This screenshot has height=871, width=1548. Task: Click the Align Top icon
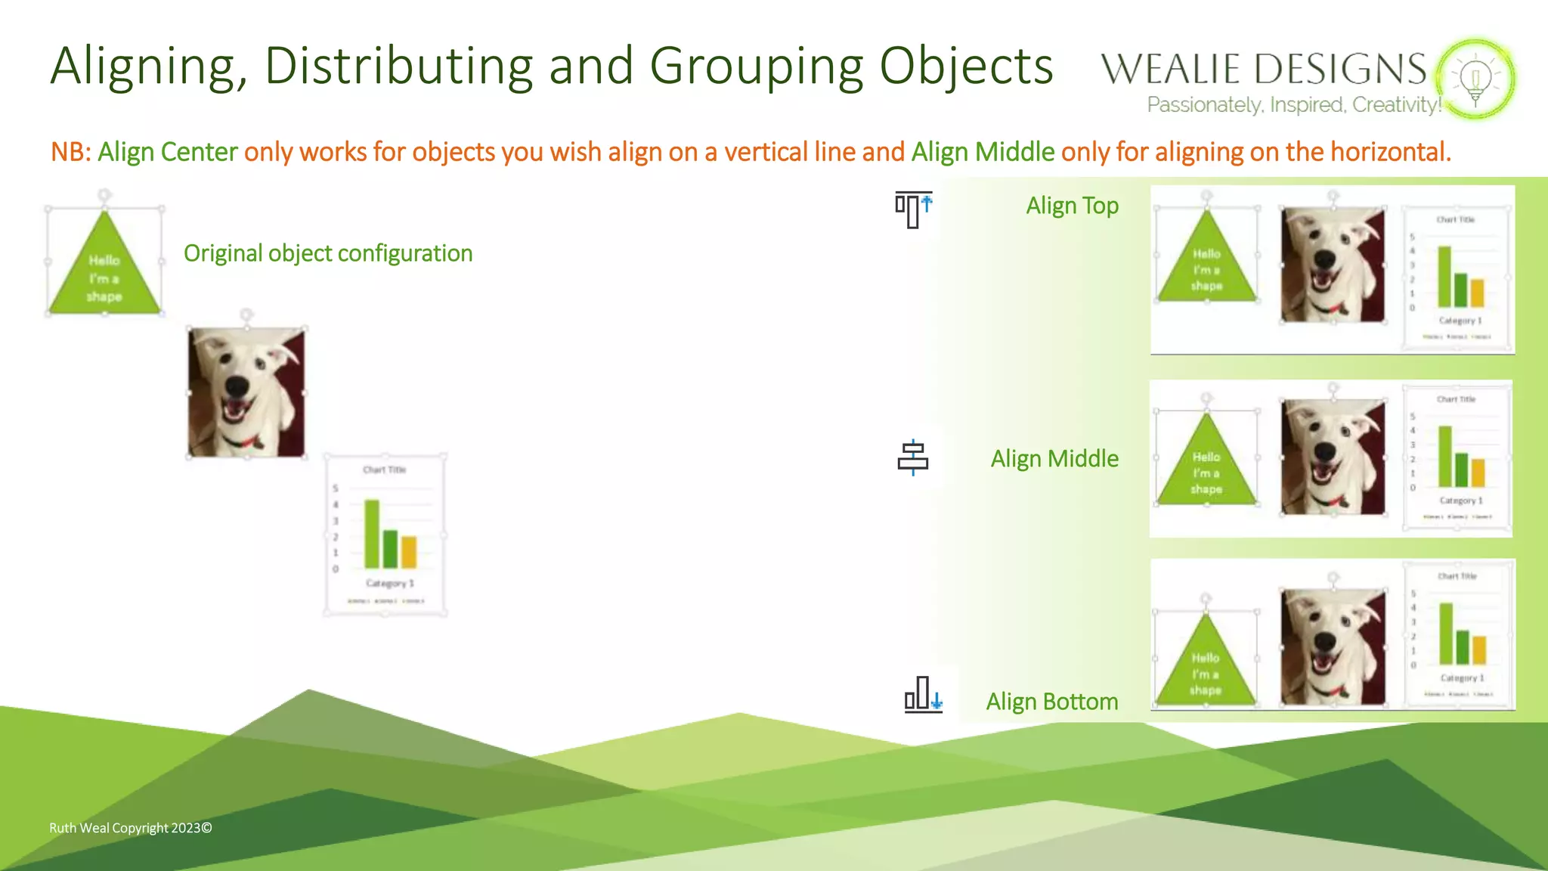tap(913, 209)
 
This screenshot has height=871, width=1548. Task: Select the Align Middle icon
tap(913, 457)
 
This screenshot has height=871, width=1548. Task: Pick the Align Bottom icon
tap(923, 694)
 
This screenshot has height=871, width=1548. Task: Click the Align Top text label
tap(1072, 206)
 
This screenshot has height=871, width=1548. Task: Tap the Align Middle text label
tap(1054, 459)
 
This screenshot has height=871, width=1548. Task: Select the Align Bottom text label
tap(1051, 702)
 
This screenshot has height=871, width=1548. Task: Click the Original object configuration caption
tap(328, 253)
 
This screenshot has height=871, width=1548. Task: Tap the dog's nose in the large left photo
tap(237, 386)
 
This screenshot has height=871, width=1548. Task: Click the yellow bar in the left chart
tap(409, 552)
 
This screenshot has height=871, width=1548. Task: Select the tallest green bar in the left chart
tap(372, 534)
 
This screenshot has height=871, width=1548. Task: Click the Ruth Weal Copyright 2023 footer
tap(130, 828)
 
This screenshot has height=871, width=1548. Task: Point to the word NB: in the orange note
tap(70, 153)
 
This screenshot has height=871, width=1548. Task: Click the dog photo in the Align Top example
tap(1333, 265)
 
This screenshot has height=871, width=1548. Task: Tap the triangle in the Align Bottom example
tap(1206, 665)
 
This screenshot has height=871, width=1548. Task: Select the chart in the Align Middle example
tap(1457, 458)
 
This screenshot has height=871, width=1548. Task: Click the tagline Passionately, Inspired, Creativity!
tap(1294, 105)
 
